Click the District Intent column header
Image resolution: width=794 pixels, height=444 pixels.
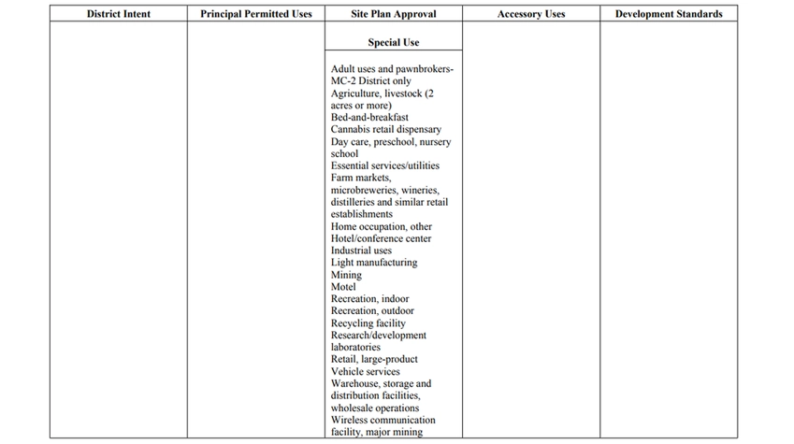click(118, 14)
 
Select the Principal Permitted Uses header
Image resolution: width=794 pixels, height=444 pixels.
click(255, 14)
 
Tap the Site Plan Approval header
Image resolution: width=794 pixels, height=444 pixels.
click(393, 14)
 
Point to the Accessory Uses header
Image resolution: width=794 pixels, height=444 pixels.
click(530, 14)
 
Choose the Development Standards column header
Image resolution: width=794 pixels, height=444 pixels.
click(668, 14)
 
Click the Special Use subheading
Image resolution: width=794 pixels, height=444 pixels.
click(393, 42)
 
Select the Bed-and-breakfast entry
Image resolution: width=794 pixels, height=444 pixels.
click(369, 118)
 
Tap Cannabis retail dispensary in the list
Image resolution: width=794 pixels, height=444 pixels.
click(385, 130)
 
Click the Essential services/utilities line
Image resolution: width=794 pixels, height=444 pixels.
click(384, 165)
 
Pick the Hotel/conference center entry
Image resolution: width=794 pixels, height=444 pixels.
click(381, 238)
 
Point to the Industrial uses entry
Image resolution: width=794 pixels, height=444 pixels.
click(361, 251)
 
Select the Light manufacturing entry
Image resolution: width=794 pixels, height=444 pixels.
click(374, 263)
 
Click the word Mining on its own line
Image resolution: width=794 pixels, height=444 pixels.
click(346, 275)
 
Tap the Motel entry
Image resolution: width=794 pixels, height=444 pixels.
click(343, 287)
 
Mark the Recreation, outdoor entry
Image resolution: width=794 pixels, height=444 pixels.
click(372, 311)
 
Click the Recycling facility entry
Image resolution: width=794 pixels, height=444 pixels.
click(368, 323)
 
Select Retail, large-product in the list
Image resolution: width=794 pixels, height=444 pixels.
click(374, 359)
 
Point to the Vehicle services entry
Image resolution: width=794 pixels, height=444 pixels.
click(365, 371)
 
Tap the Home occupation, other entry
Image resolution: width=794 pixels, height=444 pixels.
click(381, 226)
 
